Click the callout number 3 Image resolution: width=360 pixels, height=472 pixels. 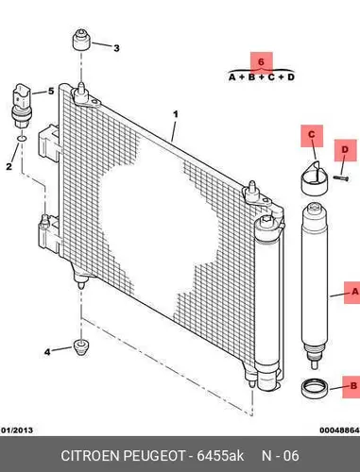116,48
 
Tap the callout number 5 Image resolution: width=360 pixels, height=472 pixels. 51,92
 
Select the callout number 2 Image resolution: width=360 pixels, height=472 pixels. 9,166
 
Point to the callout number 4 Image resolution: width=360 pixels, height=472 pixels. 47,352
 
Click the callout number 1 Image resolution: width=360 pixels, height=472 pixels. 176,114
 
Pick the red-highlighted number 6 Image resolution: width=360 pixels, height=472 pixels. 261,62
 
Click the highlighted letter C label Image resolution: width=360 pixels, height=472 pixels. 312,135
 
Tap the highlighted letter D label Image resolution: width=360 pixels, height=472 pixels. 345,150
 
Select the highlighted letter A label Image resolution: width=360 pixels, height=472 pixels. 353,293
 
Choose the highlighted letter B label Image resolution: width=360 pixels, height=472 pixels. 352,386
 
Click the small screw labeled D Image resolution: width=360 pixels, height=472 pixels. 341,178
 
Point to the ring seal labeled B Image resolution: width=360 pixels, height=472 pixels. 316,388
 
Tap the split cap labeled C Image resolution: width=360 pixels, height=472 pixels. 315,177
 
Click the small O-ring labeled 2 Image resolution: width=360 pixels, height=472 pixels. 22,138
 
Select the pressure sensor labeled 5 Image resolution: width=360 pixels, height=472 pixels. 21,106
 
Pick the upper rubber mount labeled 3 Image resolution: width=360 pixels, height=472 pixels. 82,40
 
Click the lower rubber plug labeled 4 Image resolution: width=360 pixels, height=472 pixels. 81,347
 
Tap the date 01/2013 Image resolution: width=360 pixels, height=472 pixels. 17,430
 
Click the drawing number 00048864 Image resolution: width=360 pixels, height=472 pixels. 339,430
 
